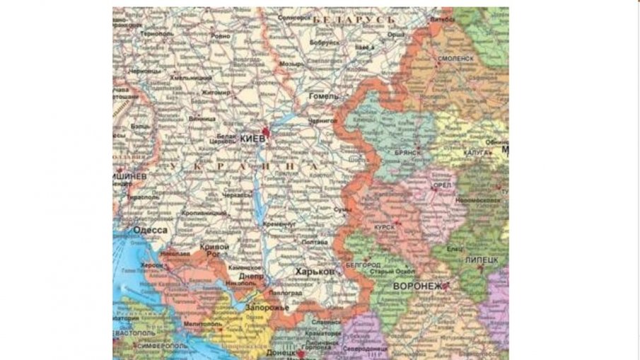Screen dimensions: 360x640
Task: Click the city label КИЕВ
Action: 252,139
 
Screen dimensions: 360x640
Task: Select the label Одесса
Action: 150,231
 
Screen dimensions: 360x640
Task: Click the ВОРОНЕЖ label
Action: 420,286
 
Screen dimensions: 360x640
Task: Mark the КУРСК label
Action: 385,227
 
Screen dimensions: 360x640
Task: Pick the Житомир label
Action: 216,92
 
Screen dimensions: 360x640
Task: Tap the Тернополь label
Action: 156,33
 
